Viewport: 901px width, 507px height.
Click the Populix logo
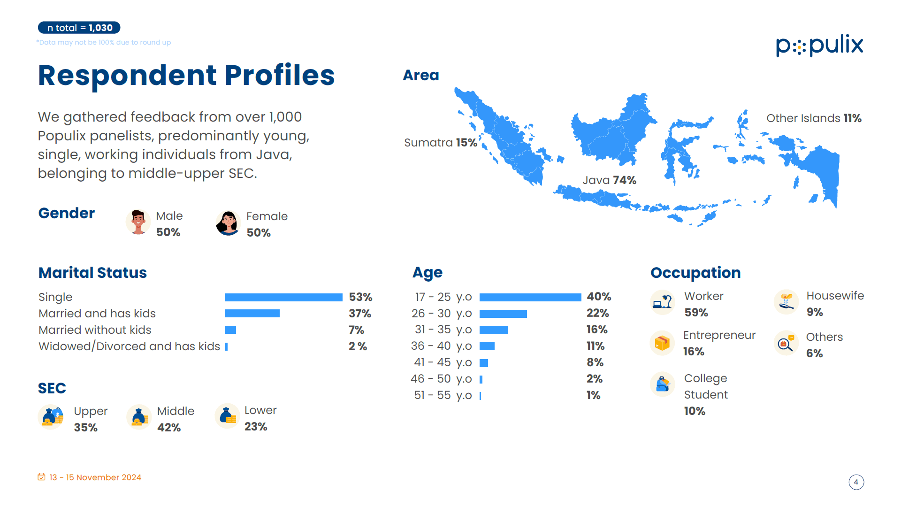819,46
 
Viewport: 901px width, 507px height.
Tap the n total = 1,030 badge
79,28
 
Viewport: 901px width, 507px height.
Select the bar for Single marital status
284,297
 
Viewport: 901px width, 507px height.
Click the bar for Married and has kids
252,314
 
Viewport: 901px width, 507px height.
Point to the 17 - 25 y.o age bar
530,297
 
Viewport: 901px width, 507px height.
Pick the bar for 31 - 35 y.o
494,330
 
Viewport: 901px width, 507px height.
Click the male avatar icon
138,222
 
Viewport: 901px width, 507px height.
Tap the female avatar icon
229,223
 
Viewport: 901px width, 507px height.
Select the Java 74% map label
610,180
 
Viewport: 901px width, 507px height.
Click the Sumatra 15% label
441,143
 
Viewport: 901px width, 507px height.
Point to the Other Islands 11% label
814,118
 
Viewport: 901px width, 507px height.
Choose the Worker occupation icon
663,302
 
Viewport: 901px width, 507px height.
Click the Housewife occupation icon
786,302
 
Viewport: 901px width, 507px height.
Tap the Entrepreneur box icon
662,343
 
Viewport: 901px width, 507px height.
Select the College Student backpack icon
663,384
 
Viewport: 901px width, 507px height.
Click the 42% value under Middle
169,428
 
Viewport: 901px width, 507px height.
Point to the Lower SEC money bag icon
228,416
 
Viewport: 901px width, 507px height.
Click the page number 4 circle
856,482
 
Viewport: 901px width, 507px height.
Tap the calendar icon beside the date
42,477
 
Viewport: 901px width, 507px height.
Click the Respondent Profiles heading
186,75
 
